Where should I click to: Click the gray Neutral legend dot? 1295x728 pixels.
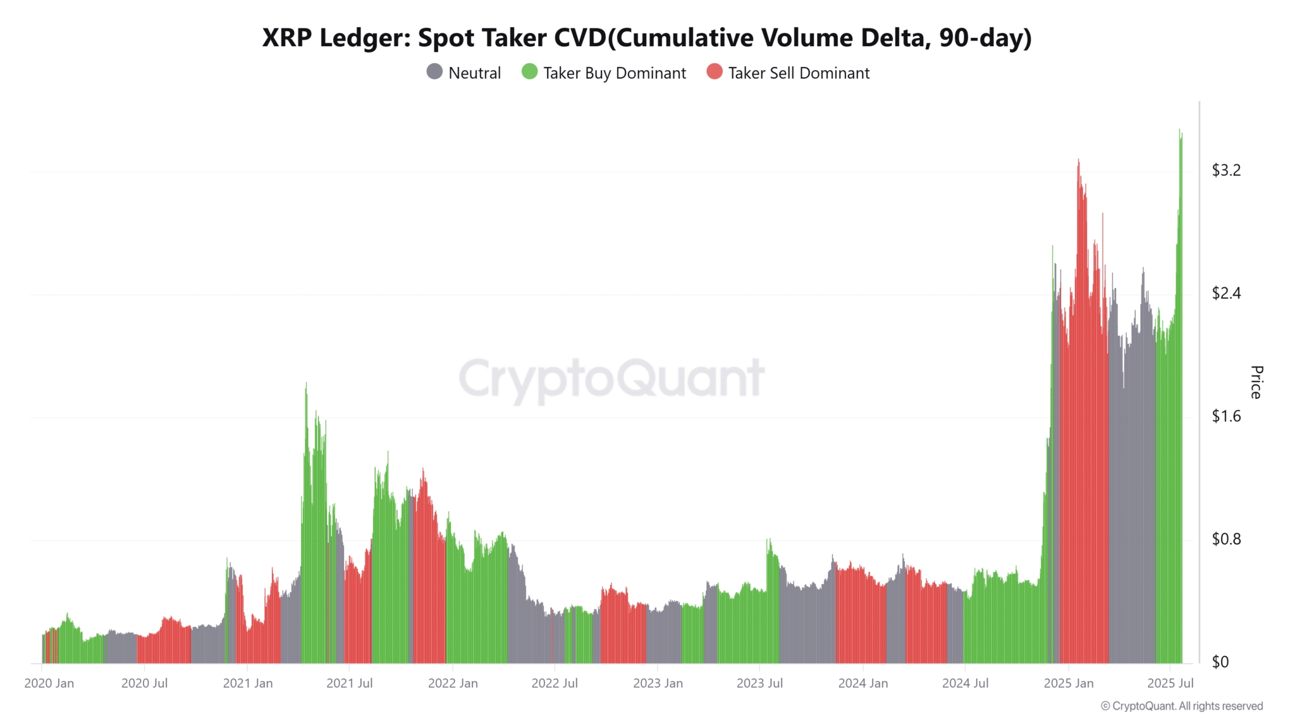click(x=434, y=72)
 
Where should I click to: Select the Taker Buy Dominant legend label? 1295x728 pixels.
click(x=614, y=73)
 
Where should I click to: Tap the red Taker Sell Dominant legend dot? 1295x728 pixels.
click(x=715, y=72)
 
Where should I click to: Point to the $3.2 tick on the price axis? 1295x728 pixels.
click(x=1225, y=170)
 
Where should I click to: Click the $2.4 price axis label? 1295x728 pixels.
click(x=1225, y=293)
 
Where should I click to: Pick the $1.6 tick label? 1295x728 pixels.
click(x=1225, y=416)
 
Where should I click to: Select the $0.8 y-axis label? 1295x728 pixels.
click(x=1225, y=539)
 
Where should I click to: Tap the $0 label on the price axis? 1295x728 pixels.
click(x=1220, y=662)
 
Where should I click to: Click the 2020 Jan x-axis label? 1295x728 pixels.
click(x=49, y=683)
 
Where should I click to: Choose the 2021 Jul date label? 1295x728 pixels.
click(x=349, y=683)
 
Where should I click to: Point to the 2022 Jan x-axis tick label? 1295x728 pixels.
click(x=453, y=683)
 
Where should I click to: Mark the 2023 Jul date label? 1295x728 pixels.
click(x=759, y=683)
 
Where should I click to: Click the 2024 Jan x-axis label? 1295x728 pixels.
click(x=862, y=683)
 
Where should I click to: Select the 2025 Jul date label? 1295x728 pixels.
click(x=1170, y=683)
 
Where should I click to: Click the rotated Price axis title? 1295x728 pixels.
click(x=1256, y=382)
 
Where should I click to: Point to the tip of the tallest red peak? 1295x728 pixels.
click(x=1078, y=160)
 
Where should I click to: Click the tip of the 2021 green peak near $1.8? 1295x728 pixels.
click(x=306, y=383)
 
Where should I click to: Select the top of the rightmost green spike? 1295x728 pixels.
click(x=1180, y=130)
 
